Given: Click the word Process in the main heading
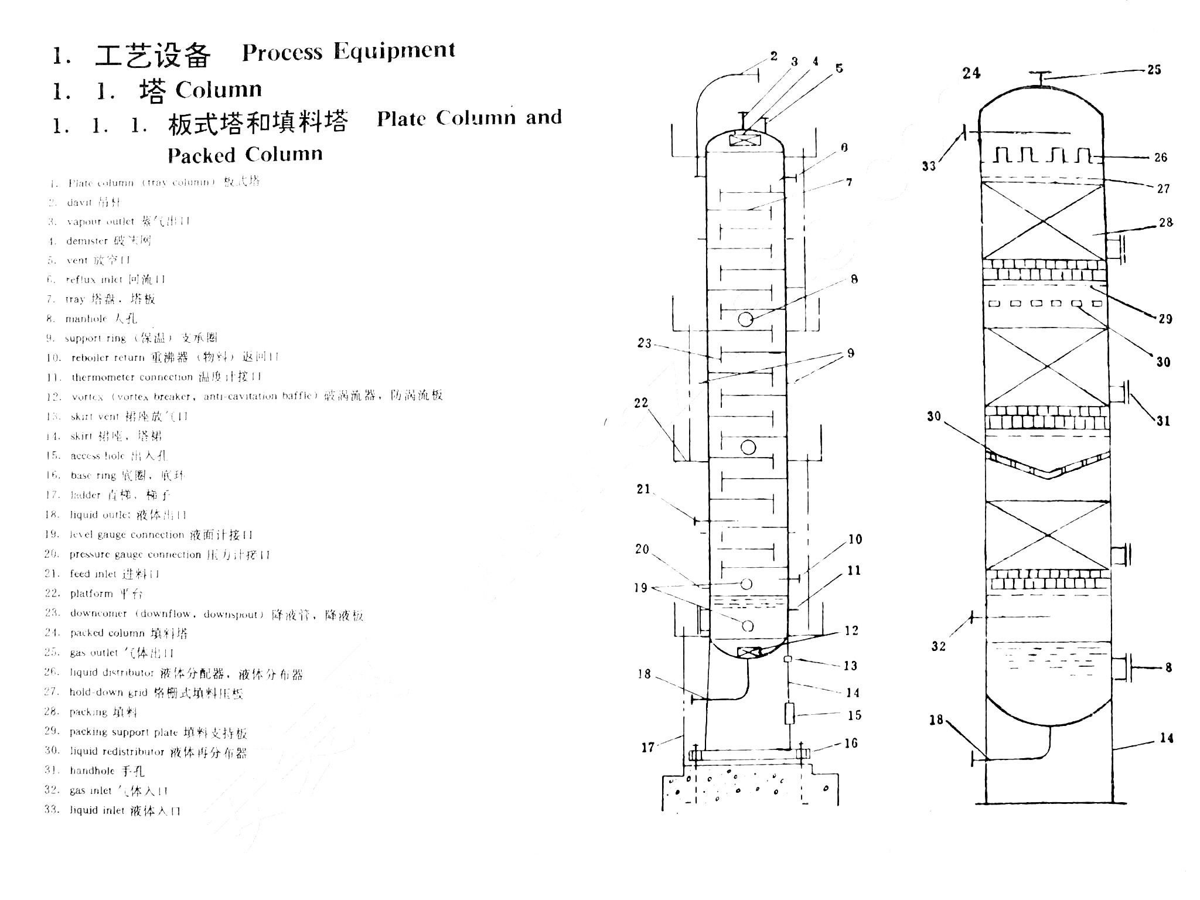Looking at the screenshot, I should pyautogui.click(x=282, y=53).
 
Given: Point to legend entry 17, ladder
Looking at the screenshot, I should pyautogui.click(x=108, y=495).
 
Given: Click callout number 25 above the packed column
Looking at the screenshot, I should pyautogui.click(x=1154, y=70).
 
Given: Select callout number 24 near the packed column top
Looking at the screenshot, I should pyautogui.click(x=971, y=73).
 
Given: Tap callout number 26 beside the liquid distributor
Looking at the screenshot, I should pyautogui.click(x=1161, y=157).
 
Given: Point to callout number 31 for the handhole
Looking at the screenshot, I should pyautogui.click(x=1163, y=421).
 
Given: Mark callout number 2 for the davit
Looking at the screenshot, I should pyautogui.click(x=774, y=56).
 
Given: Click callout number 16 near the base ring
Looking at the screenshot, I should pyautogui.click(x=851, y=743).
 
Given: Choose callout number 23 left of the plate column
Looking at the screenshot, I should pyautogui.click(x=644, y=343).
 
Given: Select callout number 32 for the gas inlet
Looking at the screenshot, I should pyautogui.click(x=938, y=646).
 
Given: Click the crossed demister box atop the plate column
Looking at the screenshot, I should pyautogui.click(x=745, y=141).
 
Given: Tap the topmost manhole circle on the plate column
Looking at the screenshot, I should pyautogui.click(x=745, y=319).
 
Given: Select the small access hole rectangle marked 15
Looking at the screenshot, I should pyautogui.click(x=789, y=714).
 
